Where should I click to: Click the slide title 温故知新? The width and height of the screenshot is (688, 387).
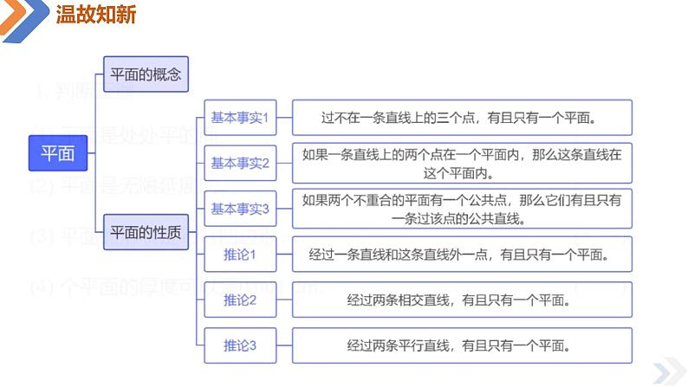95,15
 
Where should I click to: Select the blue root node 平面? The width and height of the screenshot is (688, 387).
58,153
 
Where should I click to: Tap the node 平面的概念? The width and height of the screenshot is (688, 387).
146,74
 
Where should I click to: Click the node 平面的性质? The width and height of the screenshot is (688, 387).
146,232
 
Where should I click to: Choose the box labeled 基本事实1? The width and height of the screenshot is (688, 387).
240,117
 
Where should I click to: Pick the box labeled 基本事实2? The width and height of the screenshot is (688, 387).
240,163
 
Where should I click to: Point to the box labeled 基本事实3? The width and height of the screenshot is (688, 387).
240,209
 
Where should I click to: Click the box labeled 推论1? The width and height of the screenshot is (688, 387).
240,255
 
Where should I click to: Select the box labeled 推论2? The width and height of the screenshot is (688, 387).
240,300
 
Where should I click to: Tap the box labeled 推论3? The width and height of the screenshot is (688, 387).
240,345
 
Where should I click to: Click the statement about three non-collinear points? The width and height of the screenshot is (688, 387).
462,117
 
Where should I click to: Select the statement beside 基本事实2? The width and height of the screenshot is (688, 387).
462,163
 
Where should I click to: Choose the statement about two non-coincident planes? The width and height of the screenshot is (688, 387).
462,209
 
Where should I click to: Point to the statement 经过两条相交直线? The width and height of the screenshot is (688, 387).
462,300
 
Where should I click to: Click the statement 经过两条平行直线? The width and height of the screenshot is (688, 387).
462,345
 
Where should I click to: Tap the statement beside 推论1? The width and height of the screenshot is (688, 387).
462,255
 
